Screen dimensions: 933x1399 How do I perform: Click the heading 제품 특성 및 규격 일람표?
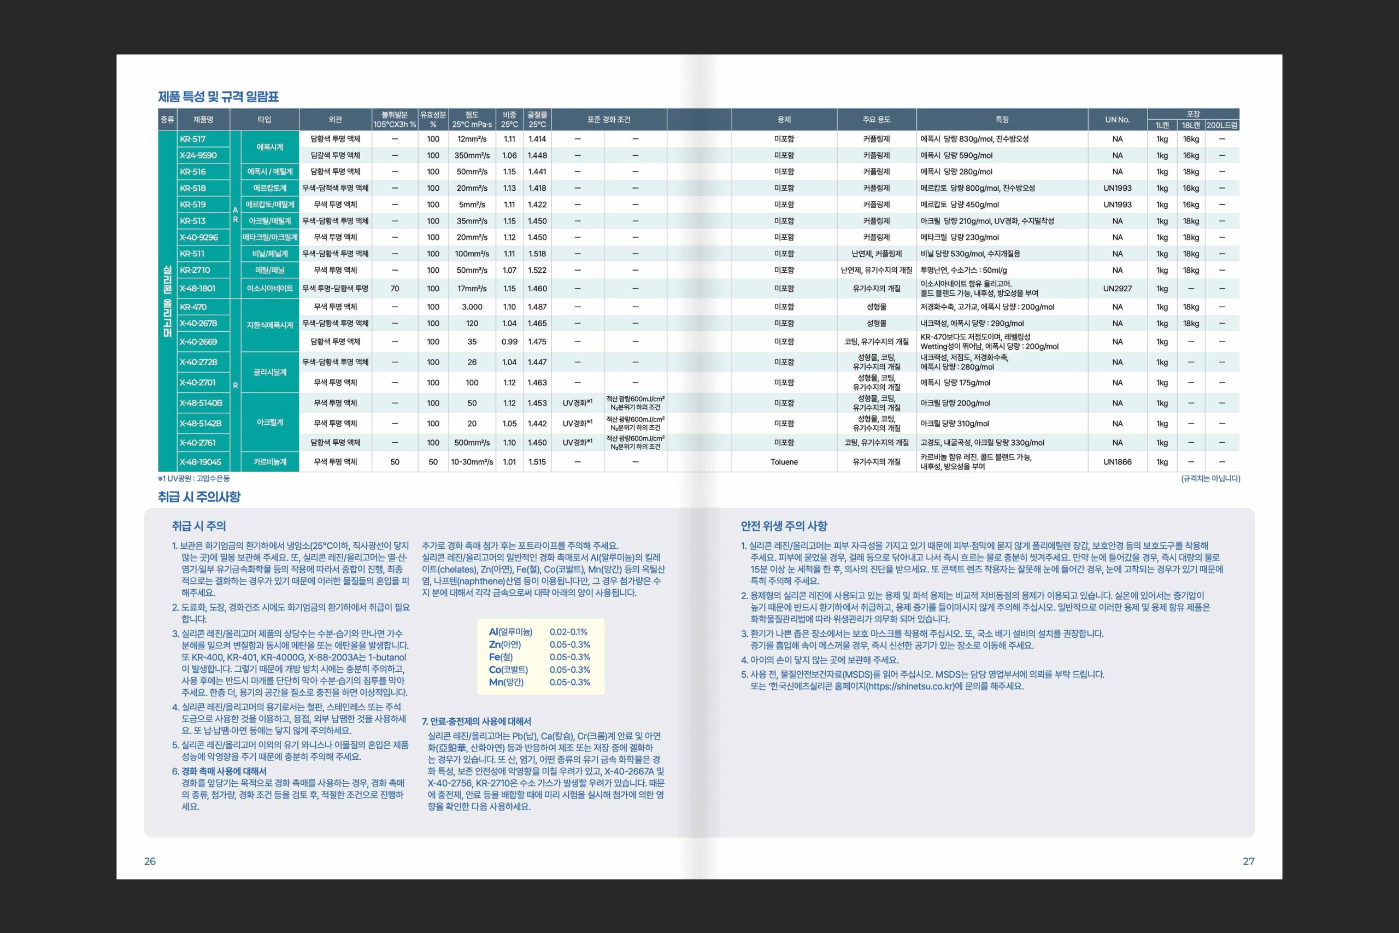218,96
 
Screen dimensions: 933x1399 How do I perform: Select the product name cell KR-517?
193,139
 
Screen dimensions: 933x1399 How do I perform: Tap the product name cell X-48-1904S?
201,462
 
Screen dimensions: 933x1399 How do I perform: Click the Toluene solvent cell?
784,462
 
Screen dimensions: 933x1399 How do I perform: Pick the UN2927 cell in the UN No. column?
1117,289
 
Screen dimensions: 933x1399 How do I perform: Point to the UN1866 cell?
1117,462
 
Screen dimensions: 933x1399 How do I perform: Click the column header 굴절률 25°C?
537,120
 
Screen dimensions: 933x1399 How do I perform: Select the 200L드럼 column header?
1222,126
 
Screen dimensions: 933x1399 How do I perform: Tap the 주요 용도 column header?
876,120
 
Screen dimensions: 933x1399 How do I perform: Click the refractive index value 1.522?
537,270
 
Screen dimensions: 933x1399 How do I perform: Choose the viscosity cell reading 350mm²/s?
472,155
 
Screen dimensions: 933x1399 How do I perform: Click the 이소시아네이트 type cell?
270,289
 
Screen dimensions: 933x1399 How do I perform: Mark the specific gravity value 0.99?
509,342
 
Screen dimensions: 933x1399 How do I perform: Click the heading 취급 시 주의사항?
199,497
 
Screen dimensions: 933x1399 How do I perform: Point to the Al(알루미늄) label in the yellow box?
510,632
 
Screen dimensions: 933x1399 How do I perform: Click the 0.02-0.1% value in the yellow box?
568,632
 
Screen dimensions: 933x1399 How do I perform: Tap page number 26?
150,861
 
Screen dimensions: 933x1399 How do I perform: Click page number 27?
1249,861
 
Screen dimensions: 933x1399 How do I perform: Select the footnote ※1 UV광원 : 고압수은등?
194,478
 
